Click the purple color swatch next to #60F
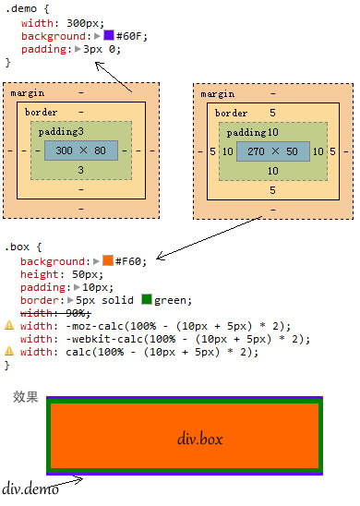point(109,35)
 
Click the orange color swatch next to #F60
point(108,260)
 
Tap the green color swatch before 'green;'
point(147,299)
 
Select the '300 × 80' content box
point(81,151)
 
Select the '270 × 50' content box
point(273,151)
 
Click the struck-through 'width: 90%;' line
point(55,313)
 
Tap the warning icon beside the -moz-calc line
point(9,325)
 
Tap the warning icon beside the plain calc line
point(9,351)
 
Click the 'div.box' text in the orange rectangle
point(200,440)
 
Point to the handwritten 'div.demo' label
point(30,489)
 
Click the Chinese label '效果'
point(26,397)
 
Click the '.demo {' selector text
point(28,8)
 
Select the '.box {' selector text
point(23,247)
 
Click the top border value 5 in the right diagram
point(272,113)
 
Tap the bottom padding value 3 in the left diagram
point(80,170)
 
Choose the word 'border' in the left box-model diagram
point(41,113)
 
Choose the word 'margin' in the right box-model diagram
point(218,94)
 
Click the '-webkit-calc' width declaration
point(165,339)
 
